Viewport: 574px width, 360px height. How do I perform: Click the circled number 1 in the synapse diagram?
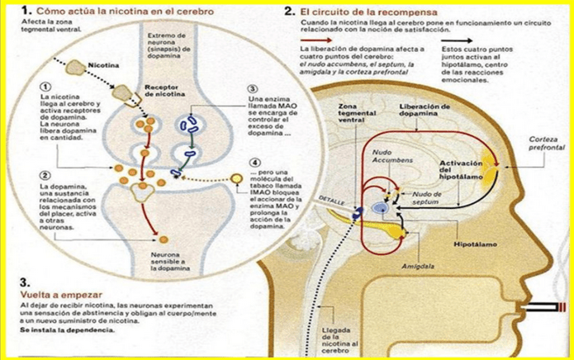45,87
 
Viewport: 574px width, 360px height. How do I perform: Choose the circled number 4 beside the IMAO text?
254,163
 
